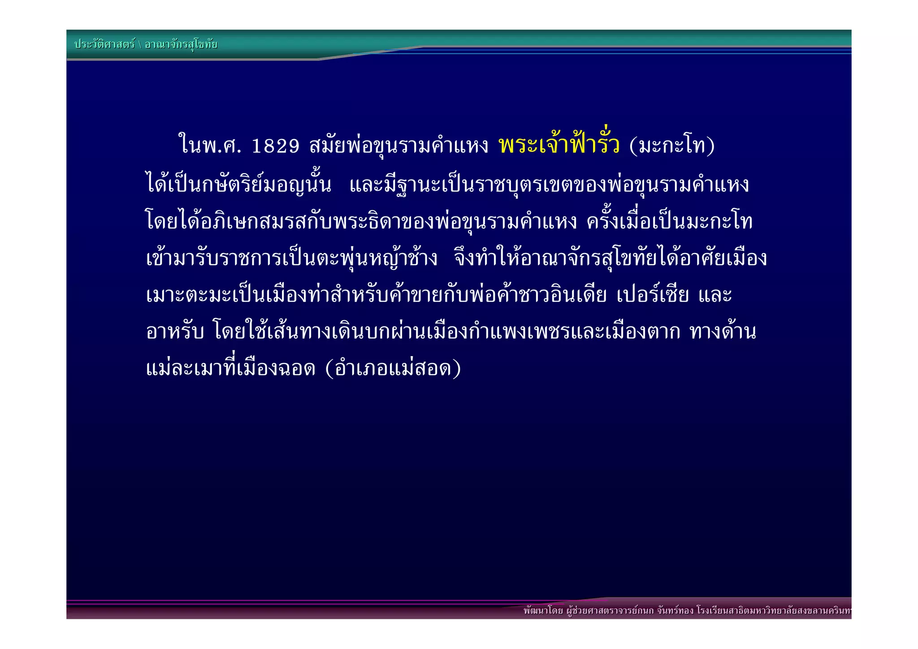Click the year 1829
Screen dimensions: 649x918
275,146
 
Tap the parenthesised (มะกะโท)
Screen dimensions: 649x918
672,146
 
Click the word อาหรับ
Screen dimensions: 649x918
175,332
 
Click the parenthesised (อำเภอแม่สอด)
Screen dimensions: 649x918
393,369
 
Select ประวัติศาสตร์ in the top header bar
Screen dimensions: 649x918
104,44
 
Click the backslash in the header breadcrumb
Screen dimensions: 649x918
140,45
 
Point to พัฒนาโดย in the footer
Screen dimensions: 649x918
543,611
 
